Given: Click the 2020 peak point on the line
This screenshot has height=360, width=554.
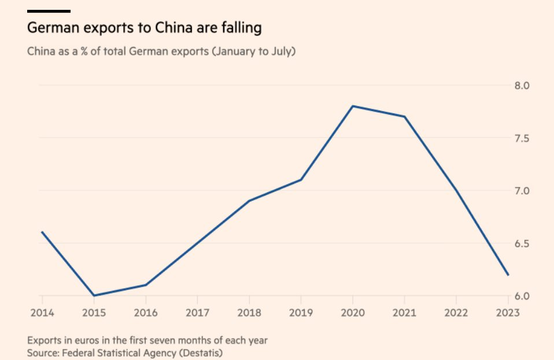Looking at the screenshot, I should (x=353, y=106).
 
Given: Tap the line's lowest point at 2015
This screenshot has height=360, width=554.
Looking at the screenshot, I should (x=94, y=295).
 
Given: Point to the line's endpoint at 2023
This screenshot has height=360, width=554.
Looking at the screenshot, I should (x=508, y=275).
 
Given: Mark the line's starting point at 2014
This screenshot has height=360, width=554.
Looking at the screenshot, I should (x=42, y=232).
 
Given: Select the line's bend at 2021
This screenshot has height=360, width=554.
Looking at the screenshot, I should (x=405, y=116).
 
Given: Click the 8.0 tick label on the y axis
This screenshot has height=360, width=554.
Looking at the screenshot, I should (x=522, y=86).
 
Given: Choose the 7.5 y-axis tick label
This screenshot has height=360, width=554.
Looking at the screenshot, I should (x=522, y=138).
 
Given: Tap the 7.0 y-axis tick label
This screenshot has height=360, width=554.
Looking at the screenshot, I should (x=522, y=191).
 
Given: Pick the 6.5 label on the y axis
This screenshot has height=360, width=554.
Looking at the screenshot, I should (x=522, y=244).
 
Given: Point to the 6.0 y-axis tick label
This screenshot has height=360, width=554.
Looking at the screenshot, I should (x=522, y=296).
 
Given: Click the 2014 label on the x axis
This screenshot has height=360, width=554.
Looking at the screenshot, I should (x=42, y=313).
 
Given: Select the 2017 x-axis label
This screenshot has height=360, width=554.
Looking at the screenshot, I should (x=197, y=313).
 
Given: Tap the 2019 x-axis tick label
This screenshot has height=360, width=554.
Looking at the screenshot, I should (x=301, y=313).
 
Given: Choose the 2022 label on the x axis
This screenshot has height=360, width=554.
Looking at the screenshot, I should (x=456, y=313).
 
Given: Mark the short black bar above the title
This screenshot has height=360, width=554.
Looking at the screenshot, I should (x=49, y=11).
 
